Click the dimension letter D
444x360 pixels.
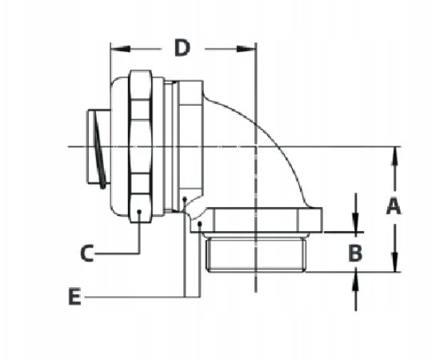[182, 48]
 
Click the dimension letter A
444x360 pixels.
[394, 206]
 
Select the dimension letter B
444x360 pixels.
[355, 253]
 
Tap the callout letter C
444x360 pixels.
[87, 254]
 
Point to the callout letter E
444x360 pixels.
[74, 297]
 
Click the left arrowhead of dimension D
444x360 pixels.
[120, 49]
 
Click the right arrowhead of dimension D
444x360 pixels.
[246, 49]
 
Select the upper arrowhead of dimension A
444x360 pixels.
[395, 157]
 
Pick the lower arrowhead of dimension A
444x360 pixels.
[395, 262]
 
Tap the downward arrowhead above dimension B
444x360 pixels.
[356, 222]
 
